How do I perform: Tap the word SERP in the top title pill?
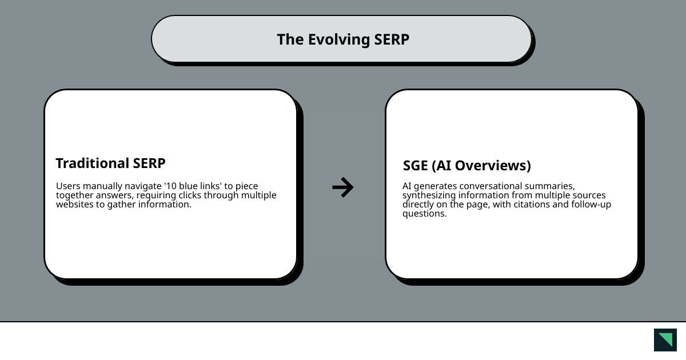392,39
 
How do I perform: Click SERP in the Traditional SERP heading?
149,163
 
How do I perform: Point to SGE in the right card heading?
415,166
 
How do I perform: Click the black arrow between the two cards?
343,187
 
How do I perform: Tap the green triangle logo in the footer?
665,340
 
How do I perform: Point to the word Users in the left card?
68,186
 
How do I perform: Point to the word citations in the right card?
529,205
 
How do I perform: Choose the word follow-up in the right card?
591,205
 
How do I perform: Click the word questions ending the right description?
424,214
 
